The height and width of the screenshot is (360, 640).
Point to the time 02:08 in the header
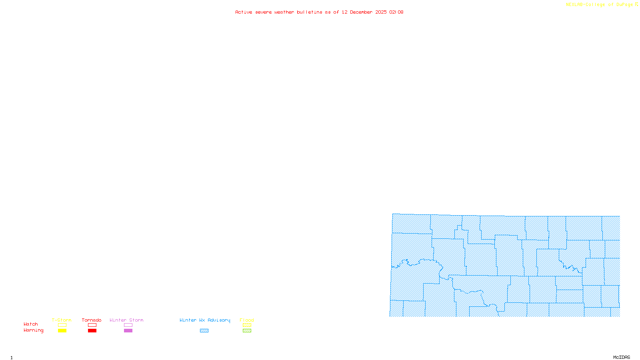click(x=396, y=12)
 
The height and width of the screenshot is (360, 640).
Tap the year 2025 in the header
click(x=381, y=12)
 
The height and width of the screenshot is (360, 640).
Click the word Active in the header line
click(x=244, y=12)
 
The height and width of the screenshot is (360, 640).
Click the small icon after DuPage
click(x=636, y=5)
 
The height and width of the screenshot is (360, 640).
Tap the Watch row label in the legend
click(x=31, y=324)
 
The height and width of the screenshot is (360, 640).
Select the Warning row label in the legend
click(x=33, y=330)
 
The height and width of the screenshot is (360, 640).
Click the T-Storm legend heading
click(x=62, y=320)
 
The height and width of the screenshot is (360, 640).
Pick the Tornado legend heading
click(x=92, y=320)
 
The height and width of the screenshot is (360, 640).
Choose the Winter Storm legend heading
click(x=126, y=320)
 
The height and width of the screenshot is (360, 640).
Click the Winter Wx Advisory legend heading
click(x=205, y=320)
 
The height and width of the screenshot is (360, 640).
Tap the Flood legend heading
click(x=247, y=320)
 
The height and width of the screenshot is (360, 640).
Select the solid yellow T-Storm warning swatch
click(x=62, y=331)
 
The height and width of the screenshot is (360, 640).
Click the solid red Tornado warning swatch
click(x=92, y=331)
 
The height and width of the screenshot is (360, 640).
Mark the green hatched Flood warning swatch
click(x=247, y=331)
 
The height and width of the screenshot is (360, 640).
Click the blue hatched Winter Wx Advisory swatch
click(x=204, y=331)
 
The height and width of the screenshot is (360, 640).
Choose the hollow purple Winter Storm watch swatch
click(x=128, y=325)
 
